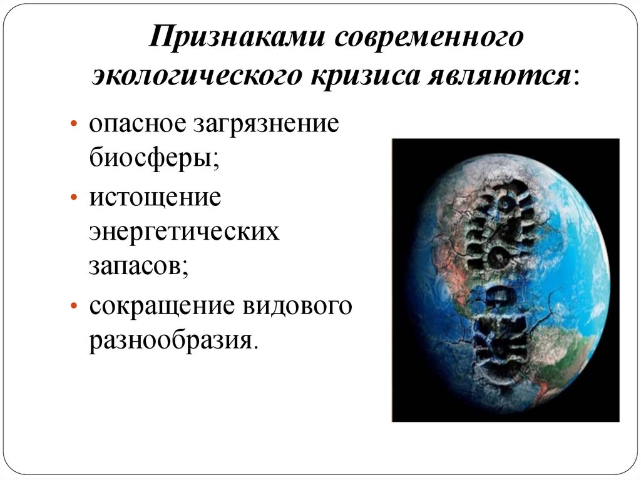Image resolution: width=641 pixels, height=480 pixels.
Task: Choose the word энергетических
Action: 183,233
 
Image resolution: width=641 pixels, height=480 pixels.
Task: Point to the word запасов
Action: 138,267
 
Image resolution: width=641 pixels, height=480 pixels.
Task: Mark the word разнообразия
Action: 173,342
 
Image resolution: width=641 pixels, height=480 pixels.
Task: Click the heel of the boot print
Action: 501,338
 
